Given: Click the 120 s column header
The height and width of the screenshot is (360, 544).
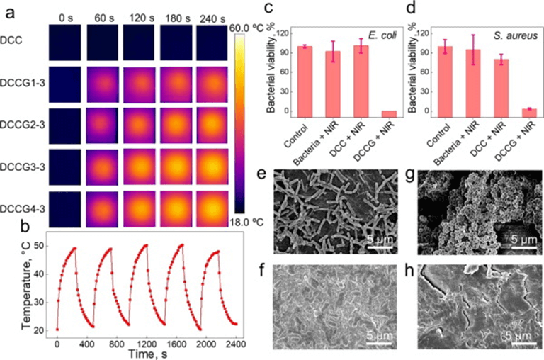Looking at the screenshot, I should pos(140,15).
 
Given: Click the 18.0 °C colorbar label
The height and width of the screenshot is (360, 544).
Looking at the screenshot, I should pos(249,223).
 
